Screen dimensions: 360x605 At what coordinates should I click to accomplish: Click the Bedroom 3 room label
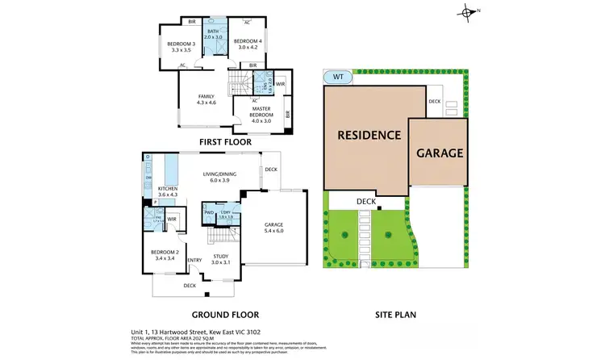pyautogui.click(x=181, y=47)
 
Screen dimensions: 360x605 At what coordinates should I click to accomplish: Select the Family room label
pyautogui.click(x=207, y=99)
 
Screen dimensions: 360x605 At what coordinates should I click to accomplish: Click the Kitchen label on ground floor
pyautogui.click(x=168, y=191)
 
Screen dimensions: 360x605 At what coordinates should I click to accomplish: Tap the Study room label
pyautogui.click(x=221, y=260)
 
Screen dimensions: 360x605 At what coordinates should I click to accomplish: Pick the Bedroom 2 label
pyautogui.click(x=164, y=257)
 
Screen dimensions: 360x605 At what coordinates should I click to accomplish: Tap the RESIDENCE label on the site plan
pyautogui.click(x=369, y=135)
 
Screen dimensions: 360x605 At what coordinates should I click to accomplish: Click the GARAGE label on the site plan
pyautogui.click(x=439, y=152)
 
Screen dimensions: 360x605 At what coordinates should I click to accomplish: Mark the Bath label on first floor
pyautogui.click(x=213, y=34)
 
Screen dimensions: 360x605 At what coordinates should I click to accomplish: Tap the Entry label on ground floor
pyautogui.click(x=194, y=259)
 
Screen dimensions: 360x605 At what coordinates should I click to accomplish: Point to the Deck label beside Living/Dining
pyautogui.click(x=270, y=170)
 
